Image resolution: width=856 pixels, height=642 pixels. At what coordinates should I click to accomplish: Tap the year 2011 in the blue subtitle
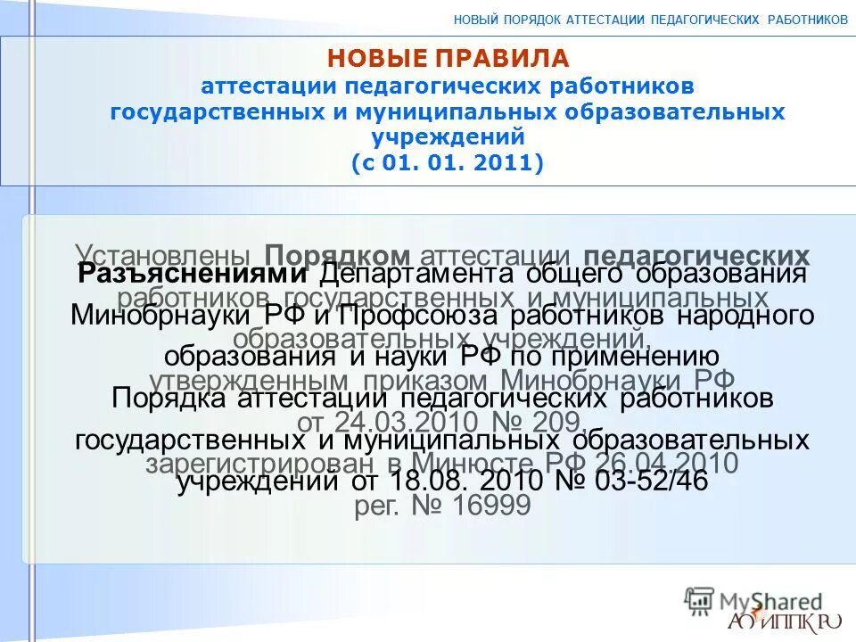pos(504,164)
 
